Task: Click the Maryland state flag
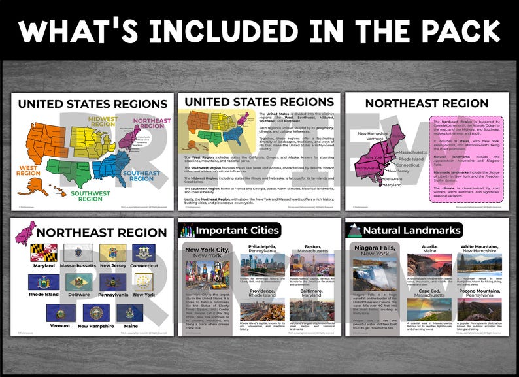[x=44, y=253]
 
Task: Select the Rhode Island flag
[x=44, y=282]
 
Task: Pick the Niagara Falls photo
[x=375, y=272]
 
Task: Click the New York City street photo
[x=207, y=278]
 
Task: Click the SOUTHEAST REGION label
[x=141, y=176]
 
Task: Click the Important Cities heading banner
[x=229, y=230]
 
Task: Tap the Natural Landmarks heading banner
[x=405, y=230]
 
